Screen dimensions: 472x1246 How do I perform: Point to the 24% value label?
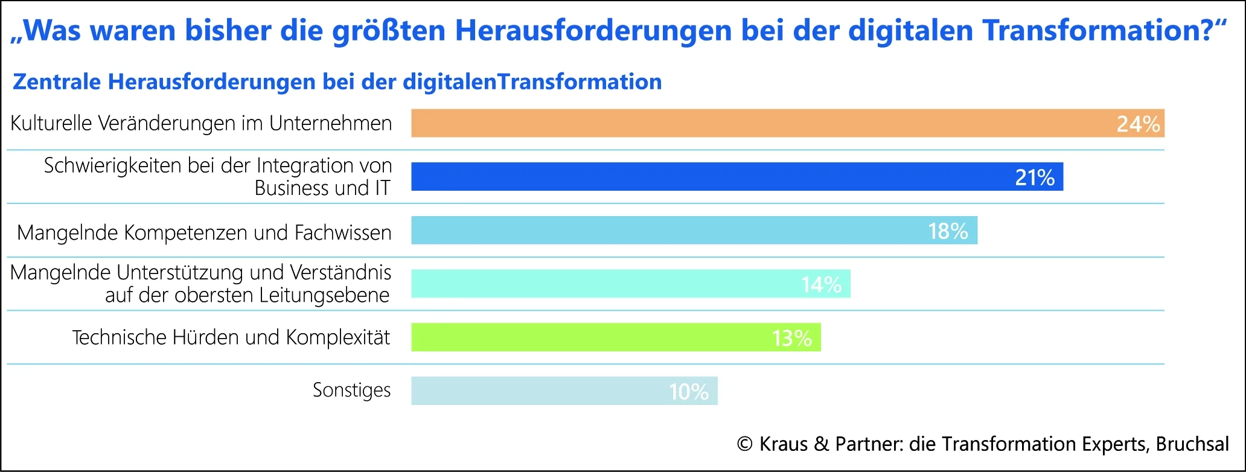[1138, 124]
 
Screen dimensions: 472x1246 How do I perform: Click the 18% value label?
[948, 231]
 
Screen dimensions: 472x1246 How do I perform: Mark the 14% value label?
[821, 284]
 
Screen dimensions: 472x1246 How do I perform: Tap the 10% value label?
[688, 392]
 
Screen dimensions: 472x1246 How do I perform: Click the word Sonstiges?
[351, 391]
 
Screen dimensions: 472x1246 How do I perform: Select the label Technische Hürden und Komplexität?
[231, 337]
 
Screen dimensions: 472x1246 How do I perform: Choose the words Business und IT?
[322, 188]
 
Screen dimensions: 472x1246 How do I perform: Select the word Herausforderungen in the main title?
[593, 30]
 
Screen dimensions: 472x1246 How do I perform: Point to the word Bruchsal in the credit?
[1192, 444]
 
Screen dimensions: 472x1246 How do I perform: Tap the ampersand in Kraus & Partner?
[821, 444]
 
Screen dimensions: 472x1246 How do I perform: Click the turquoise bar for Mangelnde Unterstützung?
[604, 284]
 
